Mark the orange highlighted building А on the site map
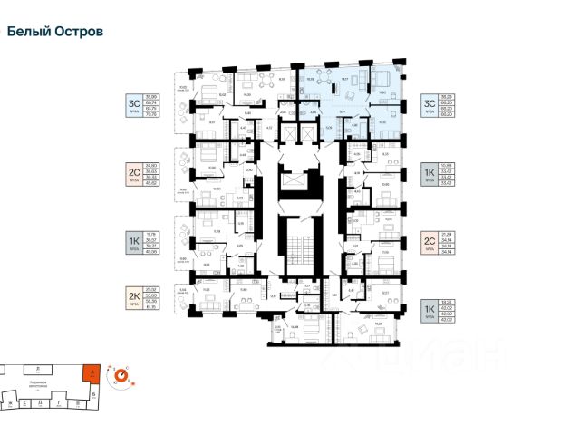pyautogui.click(x=87, y=372)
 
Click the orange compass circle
pyautogui.click(x=120, y=372)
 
